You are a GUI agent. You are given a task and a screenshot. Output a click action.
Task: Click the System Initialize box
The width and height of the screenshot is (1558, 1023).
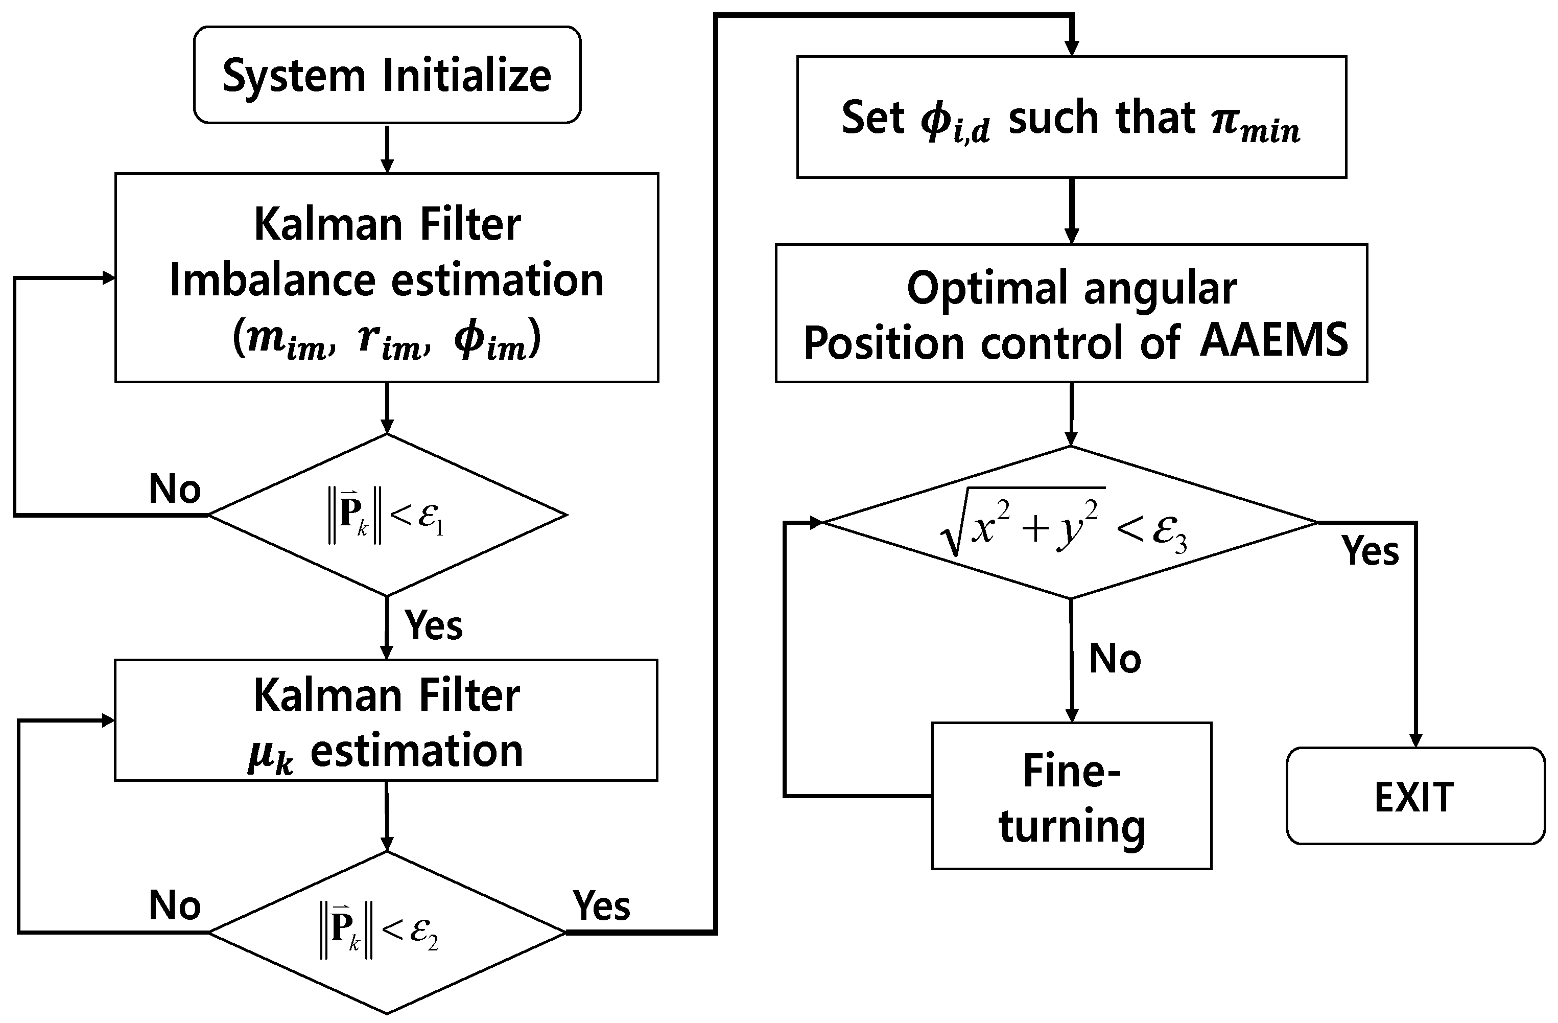pos(387,75)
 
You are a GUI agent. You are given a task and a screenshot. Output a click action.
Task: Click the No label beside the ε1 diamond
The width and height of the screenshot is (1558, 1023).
pos(174,489)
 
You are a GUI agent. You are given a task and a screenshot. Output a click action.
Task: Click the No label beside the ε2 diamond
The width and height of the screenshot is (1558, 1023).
pos(174,906)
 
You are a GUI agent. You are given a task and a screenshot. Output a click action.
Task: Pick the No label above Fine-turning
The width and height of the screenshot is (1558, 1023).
pos(1115,658)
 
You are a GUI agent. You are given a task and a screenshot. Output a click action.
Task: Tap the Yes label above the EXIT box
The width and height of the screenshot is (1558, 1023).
pos(1370,550)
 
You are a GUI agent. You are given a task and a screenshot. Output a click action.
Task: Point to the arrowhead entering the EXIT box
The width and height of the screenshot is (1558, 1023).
pos(1415,740)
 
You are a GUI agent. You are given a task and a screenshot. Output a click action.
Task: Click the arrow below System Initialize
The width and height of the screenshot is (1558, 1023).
pos(387,149)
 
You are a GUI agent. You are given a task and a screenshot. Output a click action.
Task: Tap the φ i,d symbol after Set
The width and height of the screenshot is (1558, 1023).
pos(954,123)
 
